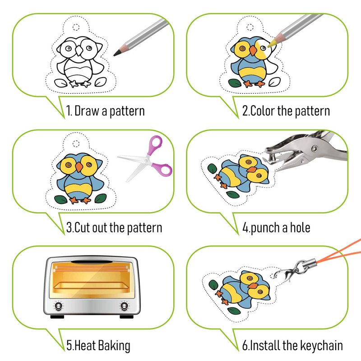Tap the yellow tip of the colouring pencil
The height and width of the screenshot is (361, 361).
point(269,45)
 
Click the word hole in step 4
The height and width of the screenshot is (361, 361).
point(300,227)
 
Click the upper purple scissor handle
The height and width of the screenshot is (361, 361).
point(155,143)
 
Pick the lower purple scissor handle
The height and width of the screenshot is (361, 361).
point(164,169)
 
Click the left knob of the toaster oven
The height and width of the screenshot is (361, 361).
point(58,306)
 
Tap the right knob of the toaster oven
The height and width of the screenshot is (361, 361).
point(125,306)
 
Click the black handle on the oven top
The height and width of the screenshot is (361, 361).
point(92,262)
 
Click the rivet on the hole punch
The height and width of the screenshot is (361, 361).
point(314,149)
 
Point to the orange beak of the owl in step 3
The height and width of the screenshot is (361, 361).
point(79,167)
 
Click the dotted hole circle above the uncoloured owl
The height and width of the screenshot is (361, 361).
point(76,27)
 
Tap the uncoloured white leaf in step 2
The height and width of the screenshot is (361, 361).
point(275,82)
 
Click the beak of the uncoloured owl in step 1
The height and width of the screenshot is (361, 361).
point(79,51)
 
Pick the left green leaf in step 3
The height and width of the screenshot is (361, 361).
point(60,199)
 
